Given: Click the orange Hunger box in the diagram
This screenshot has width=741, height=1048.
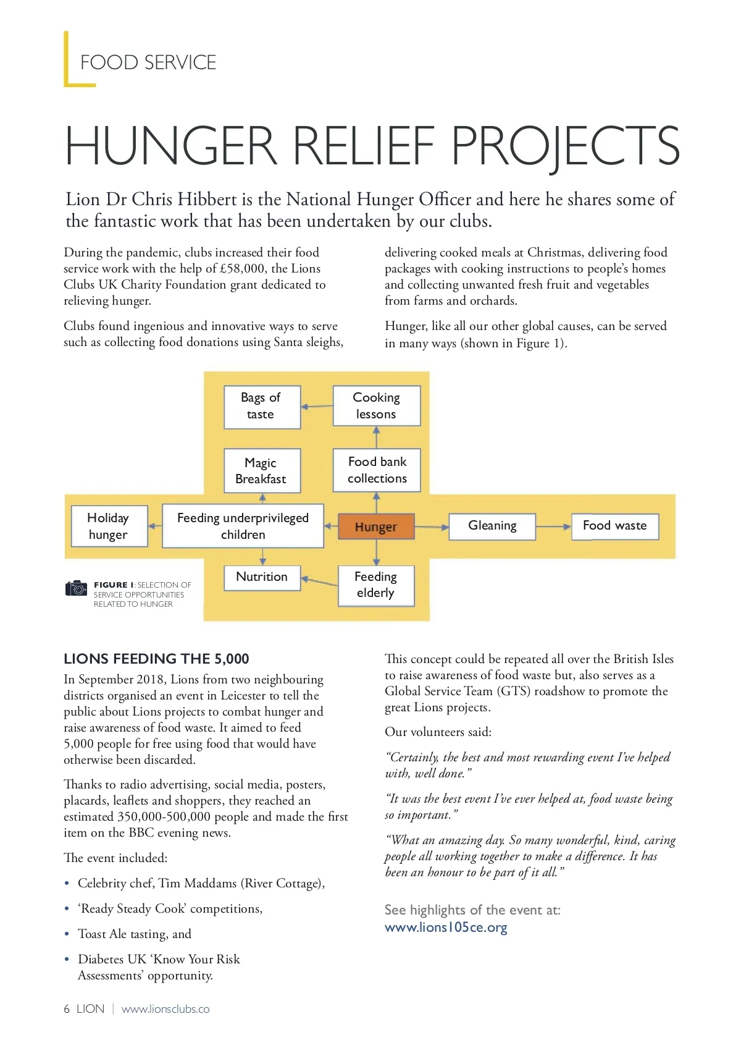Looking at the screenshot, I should click(376, 526).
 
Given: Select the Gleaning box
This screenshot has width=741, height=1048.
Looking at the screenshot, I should click(492, 526).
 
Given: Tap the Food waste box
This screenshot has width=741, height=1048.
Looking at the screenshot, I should click(614, 526).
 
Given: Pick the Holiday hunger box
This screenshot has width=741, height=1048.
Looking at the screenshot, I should click(109, 526).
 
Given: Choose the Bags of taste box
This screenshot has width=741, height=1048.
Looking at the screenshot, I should click(261, 406).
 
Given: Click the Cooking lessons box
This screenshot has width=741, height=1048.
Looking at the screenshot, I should click(376, 406).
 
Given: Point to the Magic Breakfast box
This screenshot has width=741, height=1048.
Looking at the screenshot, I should click(261, 471).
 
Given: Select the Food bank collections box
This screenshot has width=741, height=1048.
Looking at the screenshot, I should click(377, 470).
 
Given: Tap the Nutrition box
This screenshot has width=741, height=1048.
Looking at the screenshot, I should click(262, 577).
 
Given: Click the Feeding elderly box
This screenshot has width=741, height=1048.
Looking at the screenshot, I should click(375, 585).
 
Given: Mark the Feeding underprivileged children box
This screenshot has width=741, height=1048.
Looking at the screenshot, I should click(243, 526).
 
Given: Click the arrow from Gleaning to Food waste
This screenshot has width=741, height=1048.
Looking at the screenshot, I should click(553, 526).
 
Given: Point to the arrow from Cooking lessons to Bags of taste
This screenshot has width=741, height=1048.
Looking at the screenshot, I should click(317, 406).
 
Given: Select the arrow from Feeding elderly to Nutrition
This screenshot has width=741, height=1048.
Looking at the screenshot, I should click(319, 581).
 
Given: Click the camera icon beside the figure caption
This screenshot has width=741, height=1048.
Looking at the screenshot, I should click(77, 588).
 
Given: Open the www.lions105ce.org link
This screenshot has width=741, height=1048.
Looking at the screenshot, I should click(446, 928).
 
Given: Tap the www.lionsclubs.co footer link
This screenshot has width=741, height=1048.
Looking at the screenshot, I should click(165, 1009).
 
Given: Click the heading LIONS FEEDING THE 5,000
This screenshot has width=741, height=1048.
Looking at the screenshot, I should click(157, 659).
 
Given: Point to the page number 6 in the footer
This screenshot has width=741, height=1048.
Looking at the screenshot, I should click(67, 1009).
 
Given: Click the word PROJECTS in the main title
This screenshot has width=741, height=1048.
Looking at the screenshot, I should click(565, 146).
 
